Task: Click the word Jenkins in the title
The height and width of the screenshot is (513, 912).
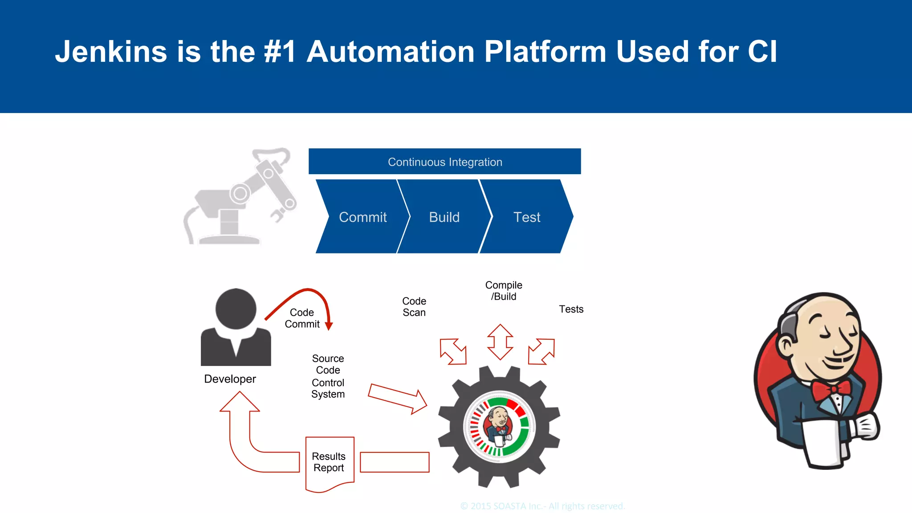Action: click(x=111, y=52)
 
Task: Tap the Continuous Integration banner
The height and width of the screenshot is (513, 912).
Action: click(x=444, y=162)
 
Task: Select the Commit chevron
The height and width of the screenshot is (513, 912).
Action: click(x=362, y=217)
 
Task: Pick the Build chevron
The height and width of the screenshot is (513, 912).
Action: click(x=444, y=217)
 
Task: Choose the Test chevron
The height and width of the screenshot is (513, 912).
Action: click(x=526, y=217)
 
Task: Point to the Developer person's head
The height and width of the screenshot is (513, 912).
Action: click(x=236, y=309)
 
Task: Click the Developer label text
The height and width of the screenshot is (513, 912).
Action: click(x=230, y=379)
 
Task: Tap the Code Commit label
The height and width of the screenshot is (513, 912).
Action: click(x=302, y=318)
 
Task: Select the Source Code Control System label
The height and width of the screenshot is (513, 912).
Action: click(x=328, y=376)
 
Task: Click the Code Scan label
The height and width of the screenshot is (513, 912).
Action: click(x=414, y=307)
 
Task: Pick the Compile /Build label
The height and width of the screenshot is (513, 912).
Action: click(x=504, y=291)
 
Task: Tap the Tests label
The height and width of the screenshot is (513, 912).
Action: click(x=571, y=309)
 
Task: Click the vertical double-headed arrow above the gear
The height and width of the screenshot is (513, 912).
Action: click(x=500, y=342)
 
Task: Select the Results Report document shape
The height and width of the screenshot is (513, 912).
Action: click(x=330, y=463)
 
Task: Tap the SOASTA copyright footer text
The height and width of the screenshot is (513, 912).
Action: click(x=542, y=506)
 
